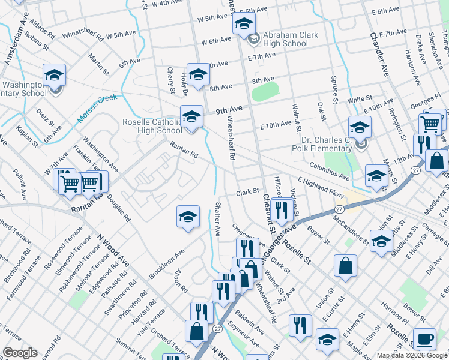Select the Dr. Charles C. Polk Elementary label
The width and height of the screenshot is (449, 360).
[x=322, y=143]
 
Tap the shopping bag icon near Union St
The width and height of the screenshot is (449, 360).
[x=345, y=266]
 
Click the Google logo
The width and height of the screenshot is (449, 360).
[x=20, y=353]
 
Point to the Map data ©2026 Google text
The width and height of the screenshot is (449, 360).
[x=412, y=355]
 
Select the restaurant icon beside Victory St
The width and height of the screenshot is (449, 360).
[x=280, y=210]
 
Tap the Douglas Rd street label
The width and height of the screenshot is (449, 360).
[x=122, y=208]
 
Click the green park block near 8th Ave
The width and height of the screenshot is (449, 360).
[x=265, y=92]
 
